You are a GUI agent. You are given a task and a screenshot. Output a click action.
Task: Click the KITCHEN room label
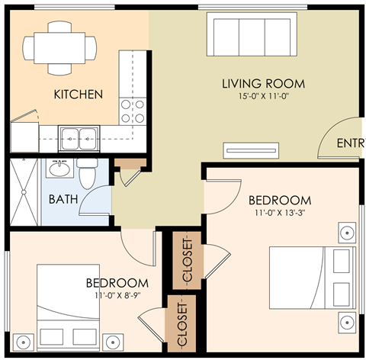[77, 95]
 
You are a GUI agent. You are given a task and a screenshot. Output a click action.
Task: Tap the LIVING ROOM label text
[263, 83]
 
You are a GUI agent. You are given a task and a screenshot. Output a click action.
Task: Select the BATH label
[63, 200]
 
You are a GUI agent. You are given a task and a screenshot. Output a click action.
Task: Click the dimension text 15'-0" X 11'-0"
[263, 97]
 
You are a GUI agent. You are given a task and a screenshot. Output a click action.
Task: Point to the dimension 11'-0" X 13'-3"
[280, 214]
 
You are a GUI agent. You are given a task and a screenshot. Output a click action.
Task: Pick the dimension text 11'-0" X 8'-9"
[117, 294]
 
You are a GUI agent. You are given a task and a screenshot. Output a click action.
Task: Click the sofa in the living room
[249, 34]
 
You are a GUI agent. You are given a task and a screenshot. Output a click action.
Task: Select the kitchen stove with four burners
[134, 110]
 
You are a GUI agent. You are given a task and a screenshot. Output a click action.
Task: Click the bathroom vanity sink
[60, 167]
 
